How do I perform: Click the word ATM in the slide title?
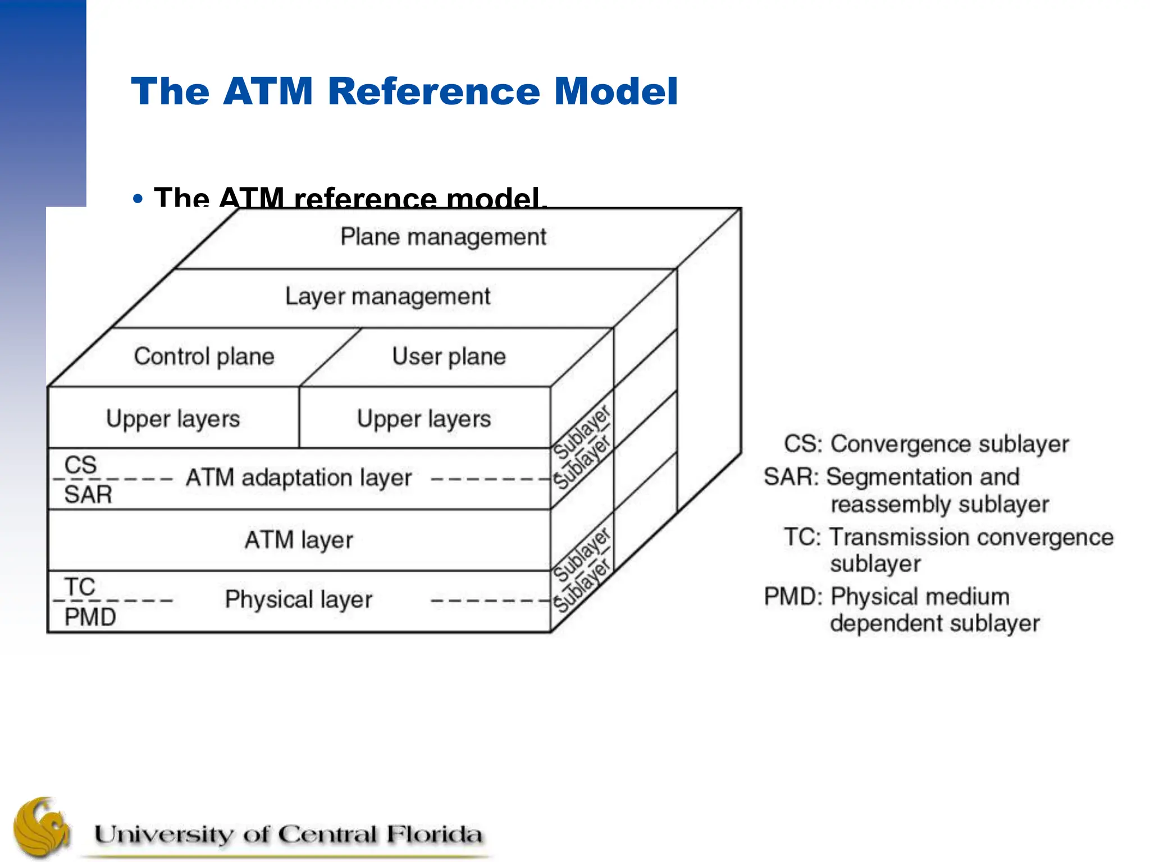click(x=267, y=91)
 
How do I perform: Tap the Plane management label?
click(x=443, y=237)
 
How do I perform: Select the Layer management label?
click(x=387, y=296)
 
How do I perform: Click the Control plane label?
click(x=204, y=356)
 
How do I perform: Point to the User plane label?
click(x=449, y=356)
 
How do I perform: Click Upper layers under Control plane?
click(x=173, y=419)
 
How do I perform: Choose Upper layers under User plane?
click(x=424, y=419)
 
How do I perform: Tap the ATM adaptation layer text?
click(x=299, y=478)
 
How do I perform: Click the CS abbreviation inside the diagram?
click(x=80, y=465)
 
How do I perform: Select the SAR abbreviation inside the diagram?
click(x=88, y=495)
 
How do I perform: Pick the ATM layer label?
click(x=299, y=540)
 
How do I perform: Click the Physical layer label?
click(x=299, y=599)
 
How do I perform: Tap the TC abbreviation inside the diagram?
click(x=80, y=586)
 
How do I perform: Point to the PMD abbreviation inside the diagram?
click(x=90, y=617)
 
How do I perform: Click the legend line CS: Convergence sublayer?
click(x=926, y=444)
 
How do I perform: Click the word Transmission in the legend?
click(x=898, y=537)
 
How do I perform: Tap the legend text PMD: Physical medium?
click(x=887, y=597)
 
